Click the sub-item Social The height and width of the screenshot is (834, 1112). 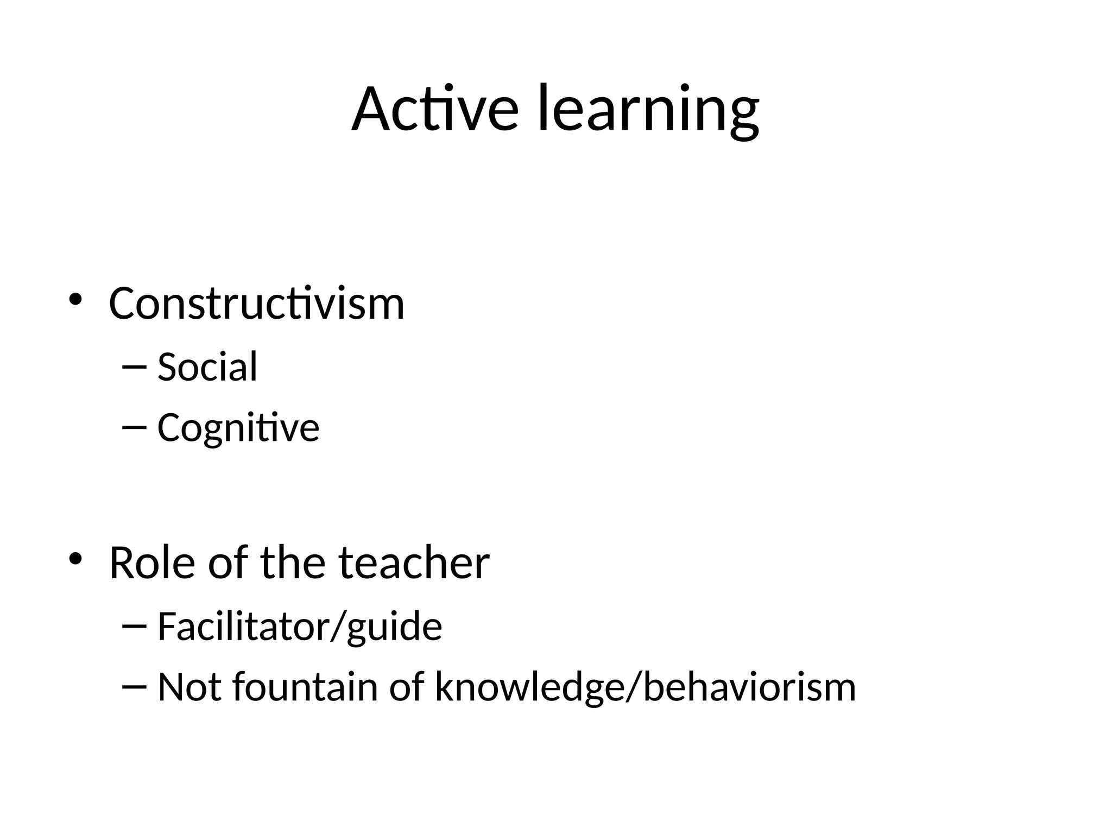[x=207, y=367]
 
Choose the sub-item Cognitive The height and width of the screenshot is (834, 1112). [x=238, y=428]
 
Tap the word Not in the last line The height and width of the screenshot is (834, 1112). [x=189, y=687]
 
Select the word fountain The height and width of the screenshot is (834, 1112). [x=305, y=687]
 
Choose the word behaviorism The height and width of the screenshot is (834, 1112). [x=749, y=687]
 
